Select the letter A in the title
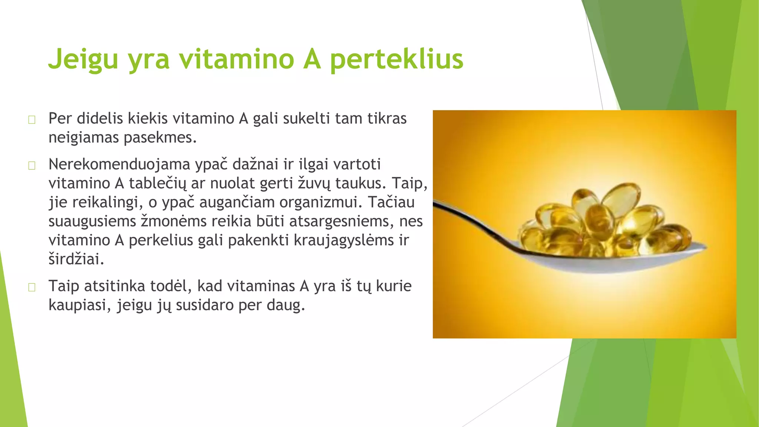[312, 59]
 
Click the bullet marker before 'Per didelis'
[32, 120]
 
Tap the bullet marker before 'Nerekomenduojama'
[32, 165]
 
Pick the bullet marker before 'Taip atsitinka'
[32, 287]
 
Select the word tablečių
[158, 183]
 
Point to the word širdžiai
[76, 259]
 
